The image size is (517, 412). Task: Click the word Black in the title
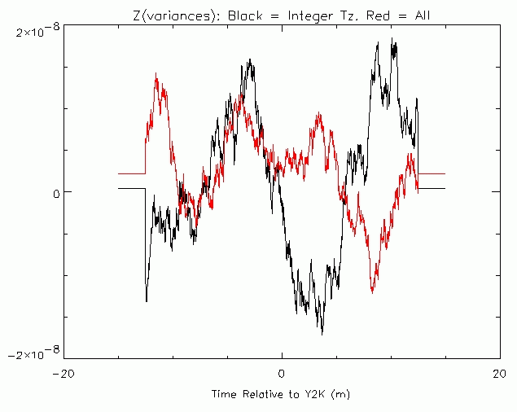coord(243,15)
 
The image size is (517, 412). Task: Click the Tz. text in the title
coord(339,15)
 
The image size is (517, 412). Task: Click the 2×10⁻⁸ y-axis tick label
coord(37,31)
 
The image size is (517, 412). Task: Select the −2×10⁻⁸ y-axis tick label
coord(33,353)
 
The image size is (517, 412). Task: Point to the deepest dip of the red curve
coord(373,291)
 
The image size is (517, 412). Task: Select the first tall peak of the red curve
coord(156,75)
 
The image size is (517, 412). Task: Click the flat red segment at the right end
coord(432,173)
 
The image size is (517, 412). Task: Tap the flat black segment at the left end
coord(131,188)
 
